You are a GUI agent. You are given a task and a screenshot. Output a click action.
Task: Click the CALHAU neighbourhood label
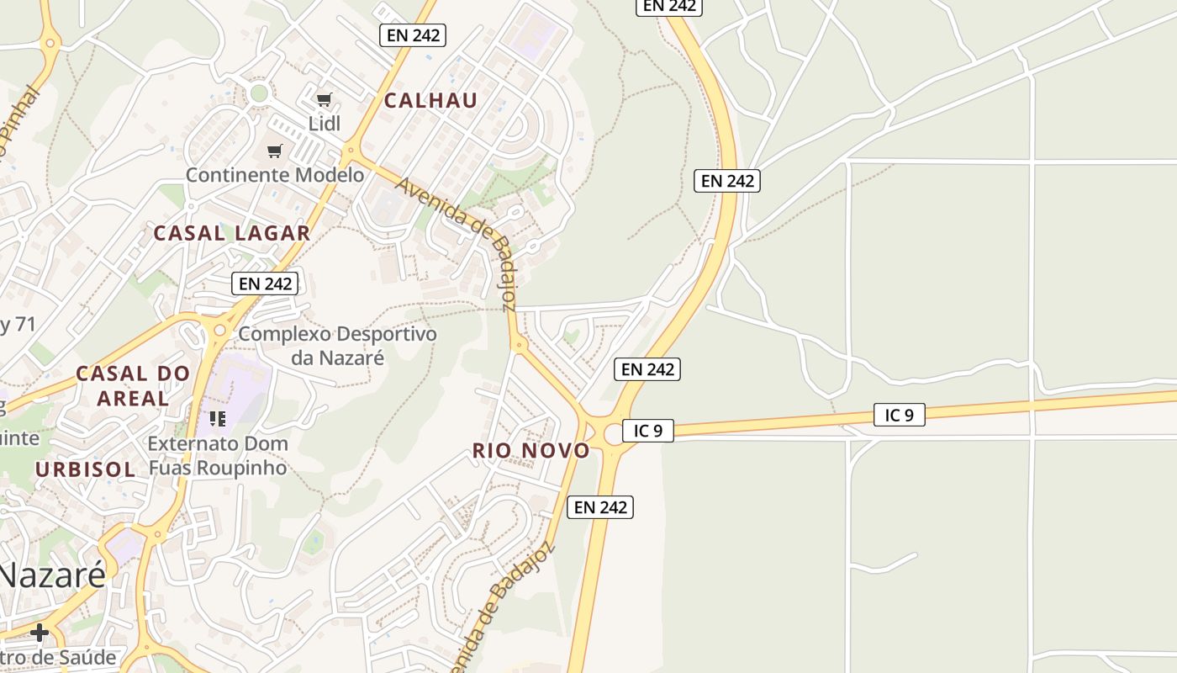coord(430,100)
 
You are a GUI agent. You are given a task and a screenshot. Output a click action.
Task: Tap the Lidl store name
coord(325,124)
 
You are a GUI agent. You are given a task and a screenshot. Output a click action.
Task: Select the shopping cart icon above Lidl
coord(324,99)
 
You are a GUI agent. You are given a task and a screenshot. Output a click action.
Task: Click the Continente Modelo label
coord(274,175)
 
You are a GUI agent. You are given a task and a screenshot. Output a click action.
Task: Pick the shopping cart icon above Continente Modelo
coord(274,151)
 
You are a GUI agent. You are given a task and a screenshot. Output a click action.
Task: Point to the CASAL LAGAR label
coord(231,233)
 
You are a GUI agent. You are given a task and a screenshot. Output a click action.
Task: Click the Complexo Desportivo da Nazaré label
coord(337,346)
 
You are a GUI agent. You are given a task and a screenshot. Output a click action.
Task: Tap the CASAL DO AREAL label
coord(133,385)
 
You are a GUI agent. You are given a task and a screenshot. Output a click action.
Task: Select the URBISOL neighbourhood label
coord(85,469)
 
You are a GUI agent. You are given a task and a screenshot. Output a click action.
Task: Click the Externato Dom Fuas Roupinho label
coord(218,455)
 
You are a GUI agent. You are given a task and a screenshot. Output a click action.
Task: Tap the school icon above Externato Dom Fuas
coord(218,418)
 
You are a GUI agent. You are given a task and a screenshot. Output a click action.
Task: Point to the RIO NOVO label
coord(530,450)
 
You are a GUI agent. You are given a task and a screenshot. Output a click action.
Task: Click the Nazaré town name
coord(52,575)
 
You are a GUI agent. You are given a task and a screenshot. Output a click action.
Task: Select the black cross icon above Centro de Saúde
coord(39,632)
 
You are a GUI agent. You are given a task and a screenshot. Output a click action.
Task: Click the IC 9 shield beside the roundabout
coord(647,431)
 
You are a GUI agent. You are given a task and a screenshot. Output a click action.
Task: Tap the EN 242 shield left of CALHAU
coord(412,35)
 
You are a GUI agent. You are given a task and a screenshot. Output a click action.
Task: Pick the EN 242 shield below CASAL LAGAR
coord(265,284)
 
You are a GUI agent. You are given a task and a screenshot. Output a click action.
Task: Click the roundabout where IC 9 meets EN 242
coord(613,435)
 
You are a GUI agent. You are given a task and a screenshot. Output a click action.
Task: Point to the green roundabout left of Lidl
coord(259,93)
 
